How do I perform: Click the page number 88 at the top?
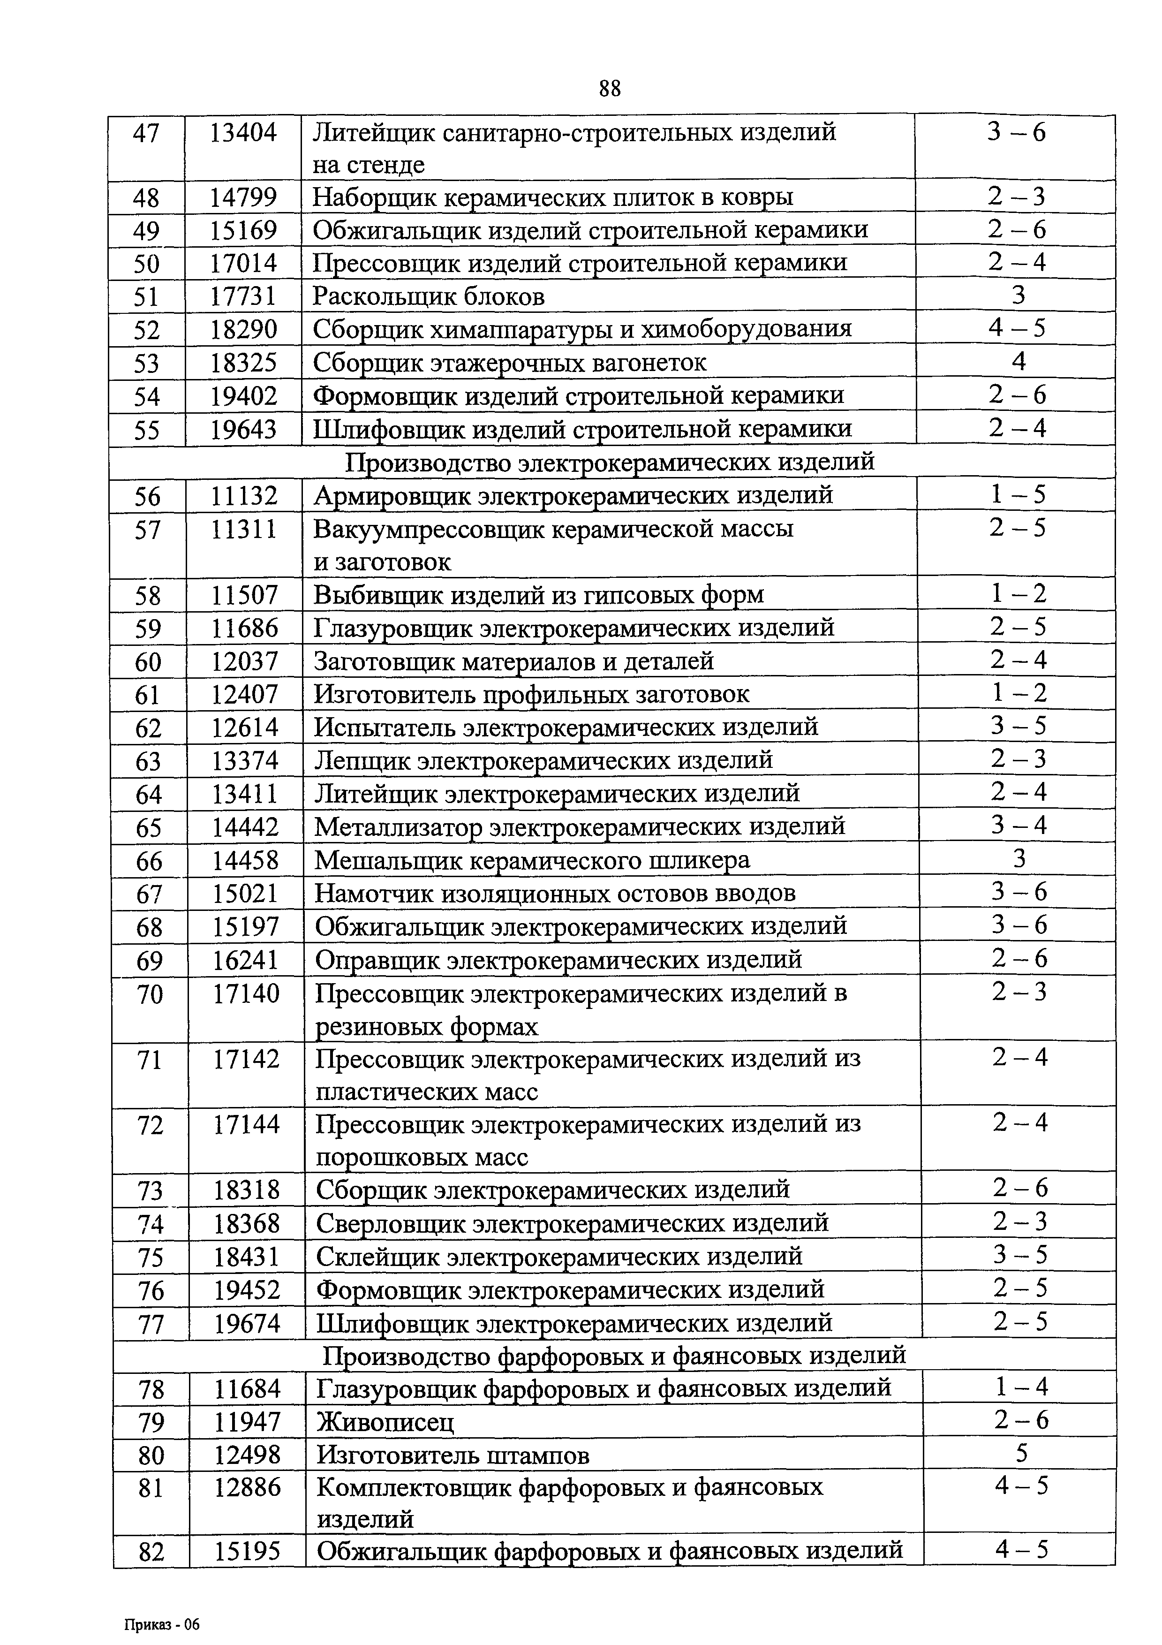609,88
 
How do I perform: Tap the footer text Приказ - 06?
162,1604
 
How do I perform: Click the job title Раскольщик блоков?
429,296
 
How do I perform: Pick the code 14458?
245,860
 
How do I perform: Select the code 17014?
243,263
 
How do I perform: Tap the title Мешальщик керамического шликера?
532,860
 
